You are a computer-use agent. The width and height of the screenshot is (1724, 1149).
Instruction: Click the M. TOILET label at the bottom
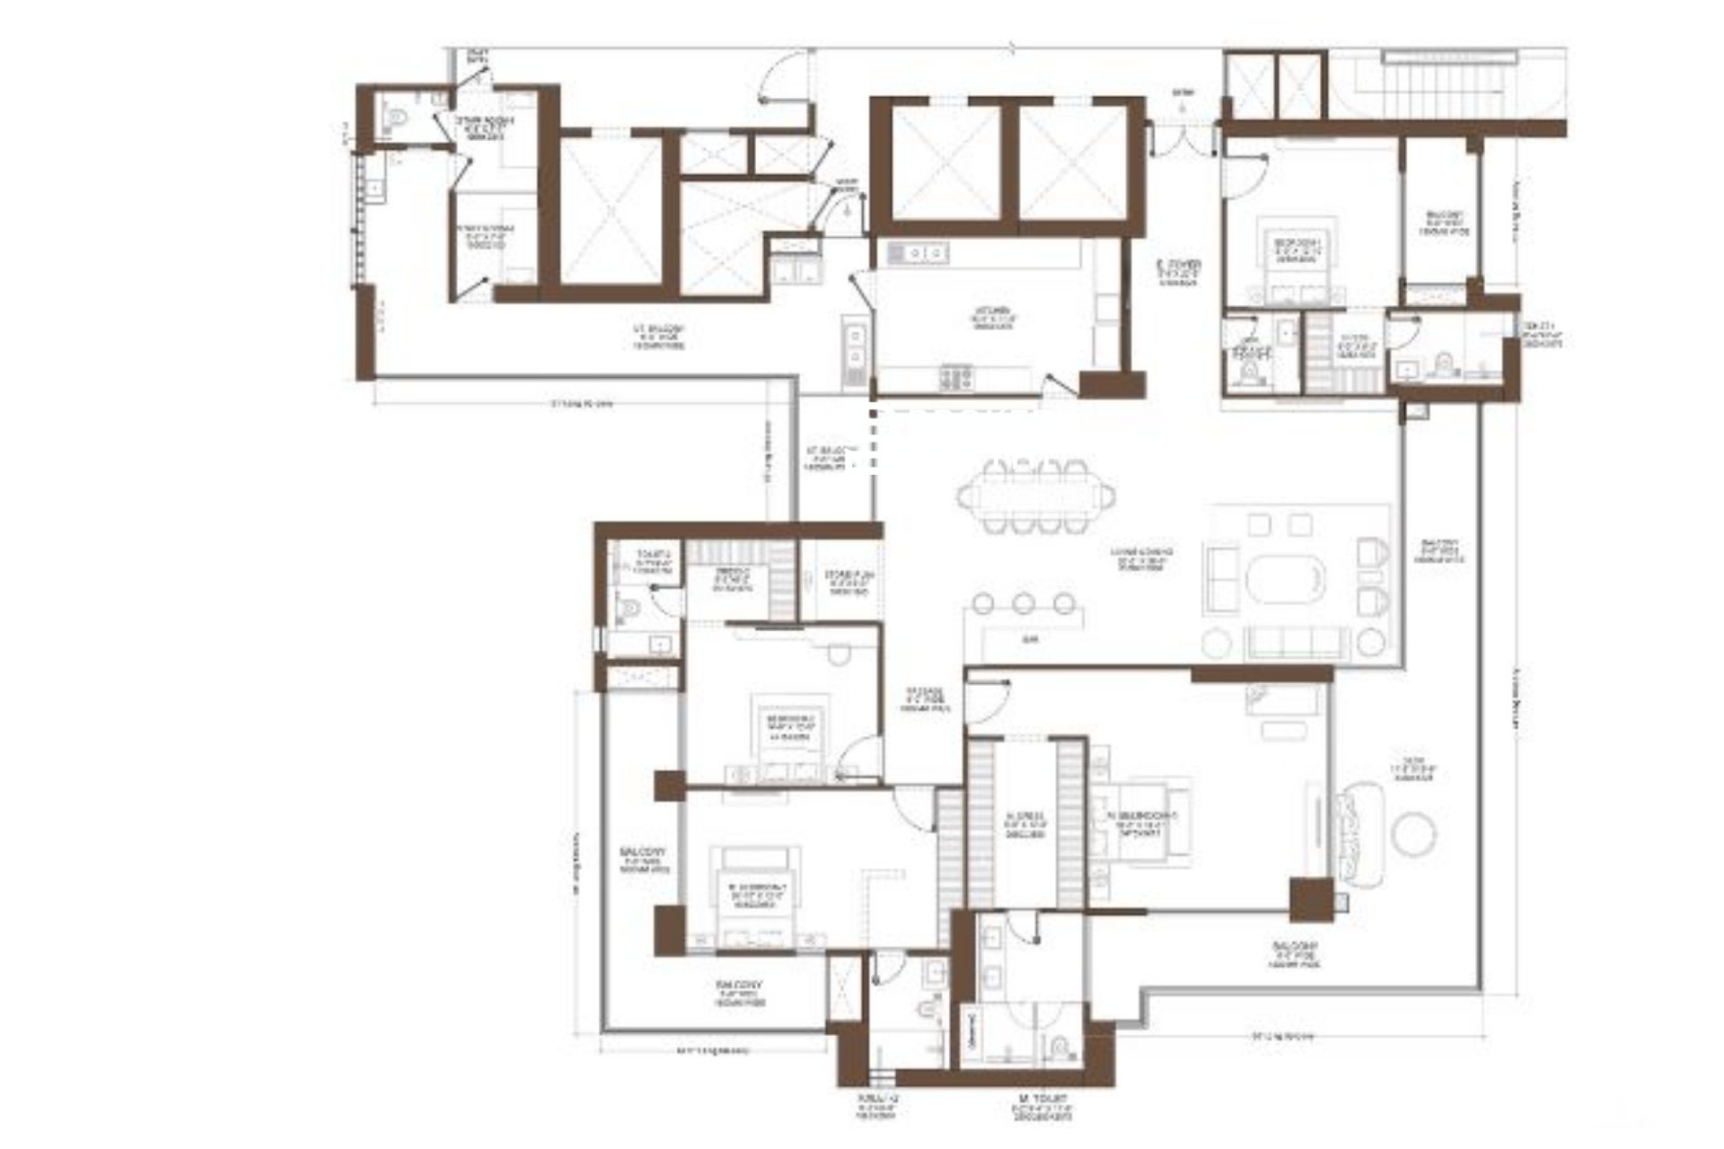[x=1046, y=1105]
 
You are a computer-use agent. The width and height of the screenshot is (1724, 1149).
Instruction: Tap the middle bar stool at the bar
[x=1025, y=602]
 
